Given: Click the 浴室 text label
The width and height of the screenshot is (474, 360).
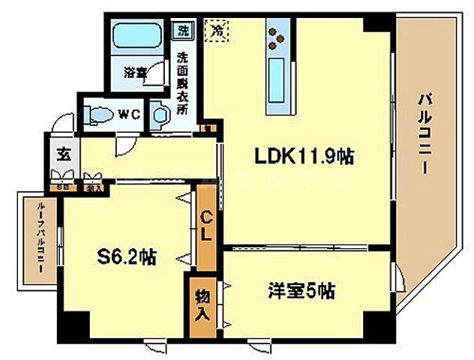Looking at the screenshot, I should (x=136, y=73).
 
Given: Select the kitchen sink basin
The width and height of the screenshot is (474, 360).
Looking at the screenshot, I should (x=276, y=76).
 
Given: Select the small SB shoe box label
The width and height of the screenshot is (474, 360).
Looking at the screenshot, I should (x=64, y=187).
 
